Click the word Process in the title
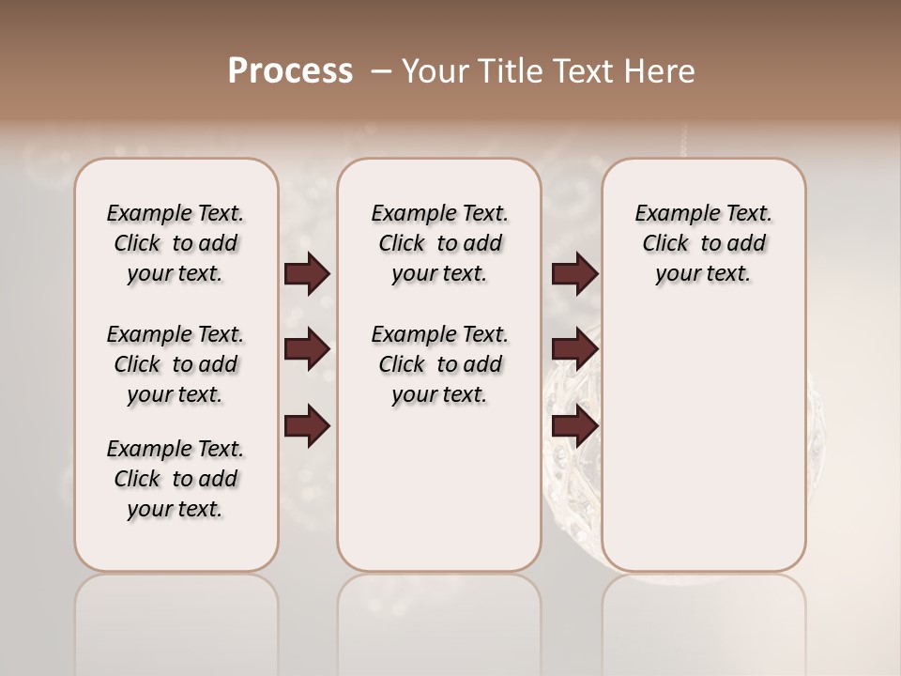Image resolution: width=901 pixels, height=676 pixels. click(290, 71)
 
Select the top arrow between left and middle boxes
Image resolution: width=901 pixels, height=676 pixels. click(307, 274)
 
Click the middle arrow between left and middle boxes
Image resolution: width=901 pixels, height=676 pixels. click(307, 350)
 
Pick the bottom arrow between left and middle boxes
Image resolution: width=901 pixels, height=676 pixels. click(307, 427)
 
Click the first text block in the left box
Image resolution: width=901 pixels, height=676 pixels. click(176, 243)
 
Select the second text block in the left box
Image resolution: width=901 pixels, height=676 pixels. click(176, 364)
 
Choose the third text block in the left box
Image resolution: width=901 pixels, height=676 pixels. click(176, 479)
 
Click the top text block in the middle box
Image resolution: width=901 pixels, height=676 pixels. click(439, 243)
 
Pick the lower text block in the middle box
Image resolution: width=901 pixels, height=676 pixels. click(439, 364)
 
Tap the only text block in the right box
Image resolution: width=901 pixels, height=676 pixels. click(703, 243)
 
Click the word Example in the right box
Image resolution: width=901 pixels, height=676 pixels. click(667, 214)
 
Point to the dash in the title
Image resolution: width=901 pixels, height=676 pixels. click(380, 71)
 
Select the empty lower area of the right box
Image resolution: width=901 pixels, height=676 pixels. click(703, 441)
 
